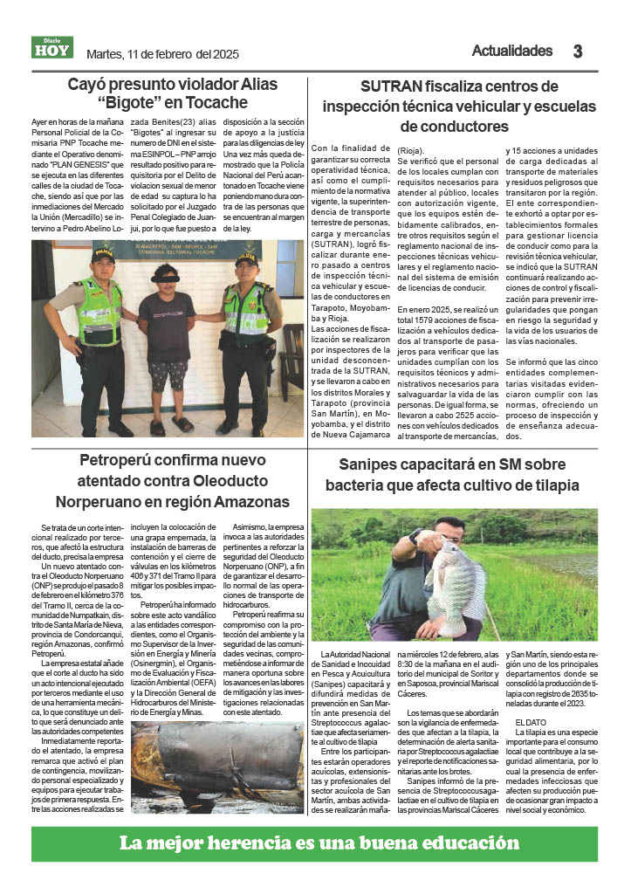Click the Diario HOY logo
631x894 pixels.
(52, 47)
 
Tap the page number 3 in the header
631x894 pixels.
(577, 52)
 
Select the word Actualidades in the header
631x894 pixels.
(512, 51)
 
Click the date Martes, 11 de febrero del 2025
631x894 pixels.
(162, 54)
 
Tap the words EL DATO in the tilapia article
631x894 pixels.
(531, 722)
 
